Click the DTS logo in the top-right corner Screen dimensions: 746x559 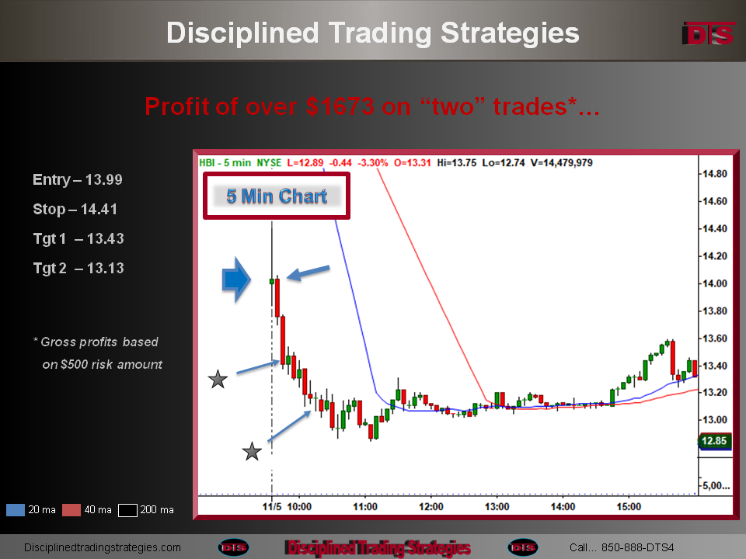708,33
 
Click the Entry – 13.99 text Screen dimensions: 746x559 78,179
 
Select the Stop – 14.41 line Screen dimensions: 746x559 75,209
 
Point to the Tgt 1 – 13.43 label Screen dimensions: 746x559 78,238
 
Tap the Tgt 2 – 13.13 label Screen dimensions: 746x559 78,268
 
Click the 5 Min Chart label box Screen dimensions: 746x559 277,196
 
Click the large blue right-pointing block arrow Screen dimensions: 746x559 236,279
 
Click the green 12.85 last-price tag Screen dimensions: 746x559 714,441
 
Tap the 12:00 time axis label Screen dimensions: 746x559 431,507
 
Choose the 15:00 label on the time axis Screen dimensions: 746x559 629,507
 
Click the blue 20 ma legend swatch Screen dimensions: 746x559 16,510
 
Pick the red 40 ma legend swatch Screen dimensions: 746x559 71,510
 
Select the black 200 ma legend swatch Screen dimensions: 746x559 127,510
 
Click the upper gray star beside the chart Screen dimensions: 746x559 218,380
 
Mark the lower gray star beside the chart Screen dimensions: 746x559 252,452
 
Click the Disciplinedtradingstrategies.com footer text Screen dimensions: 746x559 103,547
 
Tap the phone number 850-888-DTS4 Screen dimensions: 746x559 637,547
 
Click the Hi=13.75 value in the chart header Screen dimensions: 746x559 456,162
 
